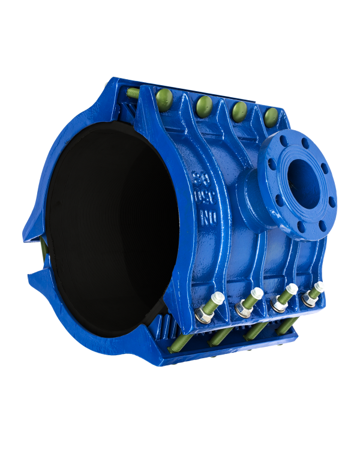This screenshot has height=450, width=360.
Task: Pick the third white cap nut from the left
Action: [292, 289]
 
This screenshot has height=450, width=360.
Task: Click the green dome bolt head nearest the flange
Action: [271, 116]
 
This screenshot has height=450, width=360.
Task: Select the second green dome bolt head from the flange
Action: [239, 110]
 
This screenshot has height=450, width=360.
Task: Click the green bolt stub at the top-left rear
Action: [133, 92]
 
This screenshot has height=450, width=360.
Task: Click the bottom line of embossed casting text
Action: [199, 212]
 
